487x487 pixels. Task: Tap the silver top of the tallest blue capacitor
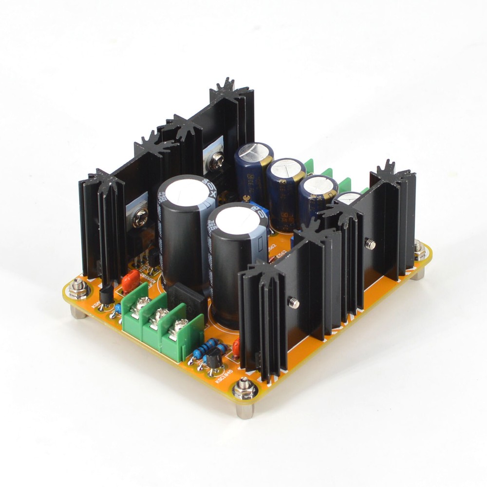click(x=254, y=150)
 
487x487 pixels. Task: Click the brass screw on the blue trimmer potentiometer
click(x=246, y=198)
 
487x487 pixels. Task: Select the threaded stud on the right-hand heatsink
click(x=371, y=244)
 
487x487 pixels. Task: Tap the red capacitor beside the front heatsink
click(x=237, y=347)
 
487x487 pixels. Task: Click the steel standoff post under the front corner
click(x=244, y=411)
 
